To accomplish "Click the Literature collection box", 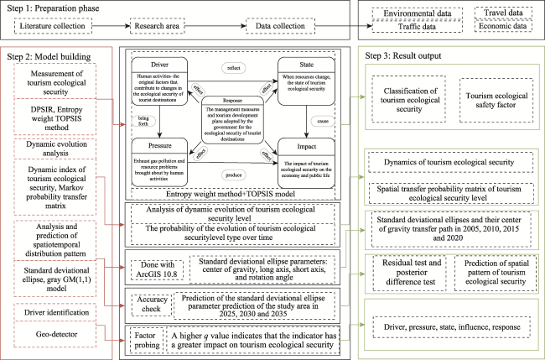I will pyautogui.click(x=53, y=27).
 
